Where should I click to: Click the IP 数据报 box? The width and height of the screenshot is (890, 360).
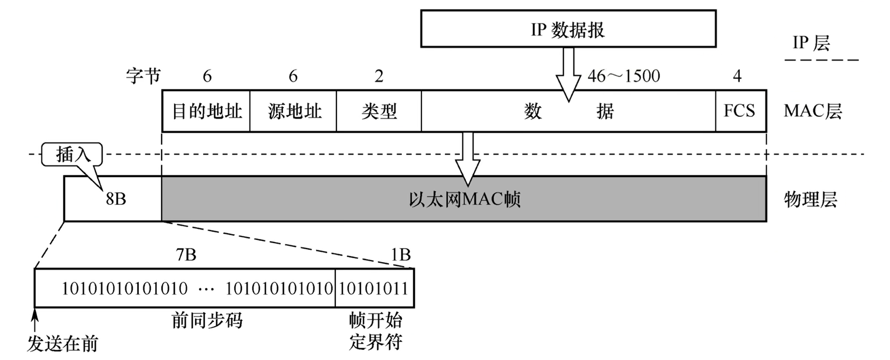tap(568, 29)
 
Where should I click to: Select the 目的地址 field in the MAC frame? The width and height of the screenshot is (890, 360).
tap(206, 111)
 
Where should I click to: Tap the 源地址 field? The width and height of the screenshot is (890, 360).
tap(294, 111)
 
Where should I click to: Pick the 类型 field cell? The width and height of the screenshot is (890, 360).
tap(379, 111)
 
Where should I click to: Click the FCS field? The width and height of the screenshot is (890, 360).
tap(740, 111)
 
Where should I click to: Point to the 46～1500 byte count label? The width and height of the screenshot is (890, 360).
tap(624, 76)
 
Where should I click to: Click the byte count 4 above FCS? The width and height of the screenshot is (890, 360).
tap(737, 76)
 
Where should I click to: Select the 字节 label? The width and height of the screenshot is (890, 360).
tap(143, 76)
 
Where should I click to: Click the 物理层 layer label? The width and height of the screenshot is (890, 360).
tap(810, 199)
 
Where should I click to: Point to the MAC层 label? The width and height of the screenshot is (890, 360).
tap(812, 111)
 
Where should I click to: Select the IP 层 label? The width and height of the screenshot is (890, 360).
tap(811, 43)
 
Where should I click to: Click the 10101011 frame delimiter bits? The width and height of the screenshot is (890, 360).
tap(373, 288)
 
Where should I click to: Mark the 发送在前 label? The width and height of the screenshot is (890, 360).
tap(63, 344)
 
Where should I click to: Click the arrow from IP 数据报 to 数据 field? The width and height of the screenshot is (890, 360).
tap(568, 74)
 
